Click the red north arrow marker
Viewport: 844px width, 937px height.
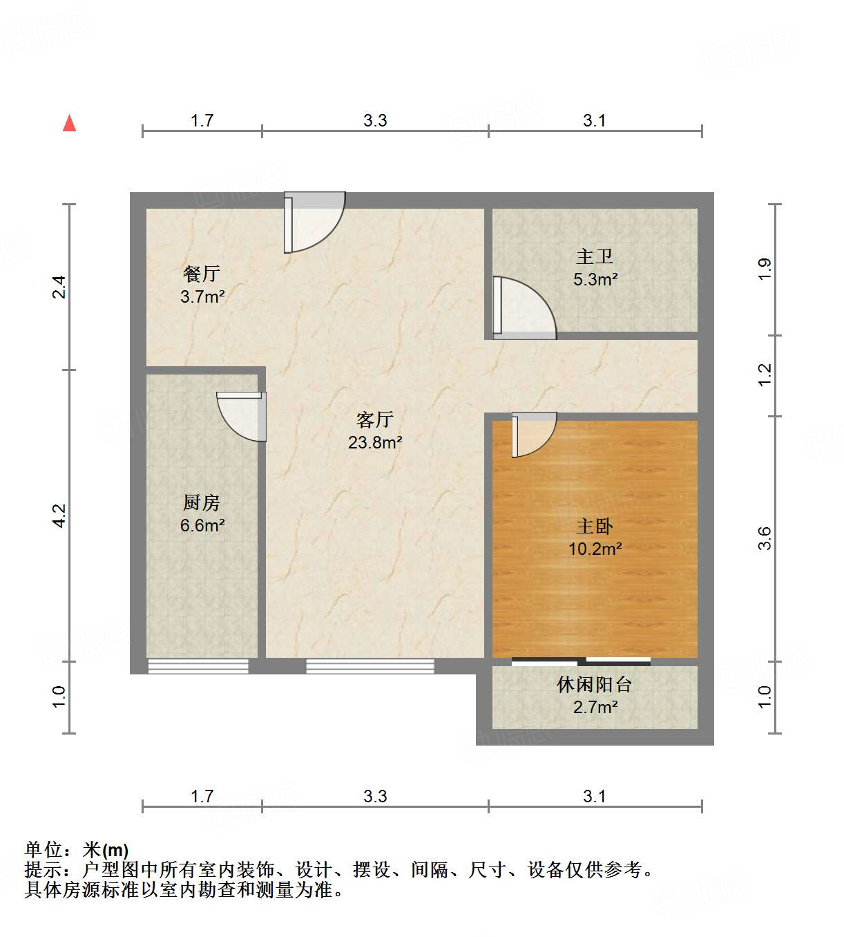(x=69, y=123)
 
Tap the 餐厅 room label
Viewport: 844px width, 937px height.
(x=202, y=274)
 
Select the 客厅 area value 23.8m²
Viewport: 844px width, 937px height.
(x=375, y=442)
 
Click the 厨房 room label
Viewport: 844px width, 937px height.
(x=202, y=502)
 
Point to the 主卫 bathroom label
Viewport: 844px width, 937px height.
(x=595, y=256)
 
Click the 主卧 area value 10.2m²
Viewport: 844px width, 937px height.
(x=595, y=549)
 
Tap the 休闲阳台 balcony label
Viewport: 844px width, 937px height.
(x=595, y=684)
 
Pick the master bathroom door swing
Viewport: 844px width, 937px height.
(x=523, y=308)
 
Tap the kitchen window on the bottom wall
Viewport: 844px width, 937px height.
(x=198, y=666)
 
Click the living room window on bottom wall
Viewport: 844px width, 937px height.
(x=370, y=666)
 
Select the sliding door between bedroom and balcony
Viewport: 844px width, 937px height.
(x=581, y=661)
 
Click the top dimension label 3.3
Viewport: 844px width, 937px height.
(x=375, y=120)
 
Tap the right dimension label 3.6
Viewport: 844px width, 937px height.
(x=764, y=538)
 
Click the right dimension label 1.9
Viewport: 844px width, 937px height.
(x=764, y=269)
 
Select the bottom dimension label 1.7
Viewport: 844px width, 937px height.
(x=202, y=796)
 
